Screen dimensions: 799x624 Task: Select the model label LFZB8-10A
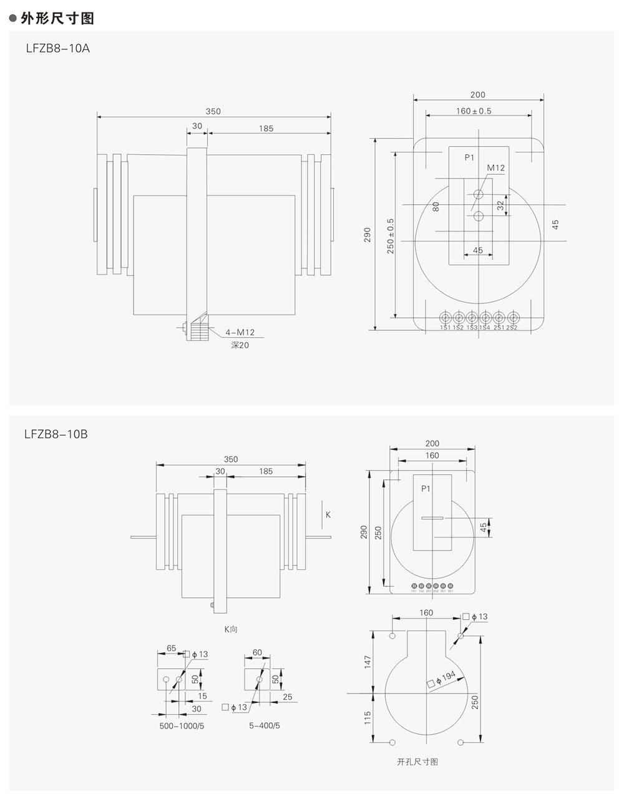[x=57, y=47]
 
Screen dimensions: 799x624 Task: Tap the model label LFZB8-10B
[x=57, y=434]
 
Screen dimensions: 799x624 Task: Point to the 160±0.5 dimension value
[x=478, y=111]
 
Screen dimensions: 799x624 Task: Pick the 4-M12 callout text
[x=241, y=332]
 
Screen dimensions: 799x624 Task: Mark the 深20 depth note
[x=240, y=345]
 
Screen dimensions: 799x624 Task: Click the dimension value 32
[x=500, y=205]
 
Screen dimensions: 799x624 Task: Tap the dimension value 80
[x=436, y=205]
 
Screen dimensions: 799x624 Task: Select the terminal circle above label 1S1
[x=446, y=316]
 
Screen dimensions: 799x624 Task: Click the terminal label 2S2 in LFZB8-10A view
[x=512, y=328]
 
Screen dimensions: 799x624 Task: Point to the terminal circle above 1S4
[x=485, y=316]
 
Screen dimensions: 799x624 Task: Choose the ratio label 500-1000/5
[x=178, y=725]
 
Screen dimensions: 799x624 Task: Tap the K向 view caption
[x=231, y=629]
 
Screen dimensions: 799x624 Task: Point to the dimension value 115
[x=368, y=717]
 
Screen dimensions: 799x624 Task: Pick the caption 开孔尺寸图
[x=417, y=762]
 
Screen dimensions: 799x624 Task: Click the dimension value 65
[x=171, y=649]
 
